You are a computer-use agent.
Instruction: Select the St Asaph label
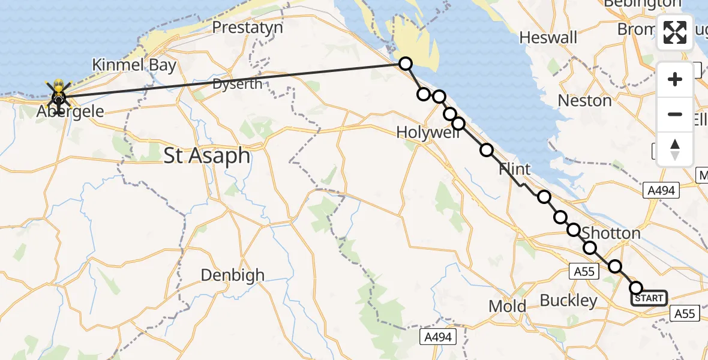[x=207, y=156]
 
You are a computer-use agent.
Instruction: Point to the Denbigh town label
[x=232, y=275]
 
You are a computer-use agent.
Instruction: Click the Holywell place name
[x=427, y=133]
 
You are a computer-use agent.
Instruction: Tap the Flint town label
[x=514, y=170]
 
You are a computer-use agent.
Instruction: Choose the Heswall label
[x=548, y=38]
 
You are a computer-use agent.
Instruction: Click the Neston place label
[x=584, y=100]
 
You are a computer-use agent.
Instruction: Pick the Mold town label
[x=507, y=307]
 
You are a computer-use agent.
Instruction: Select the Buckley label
[x=568, y=301]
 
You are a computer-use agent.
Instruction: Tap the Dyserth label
[x=238, y=84]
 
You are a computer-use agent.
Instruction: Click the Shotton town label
[x=611, y=233]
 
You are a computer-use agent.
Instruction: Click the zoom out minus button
[x=675, y=114]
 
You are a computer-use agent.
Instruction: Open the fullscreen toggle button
[x=675, y=32]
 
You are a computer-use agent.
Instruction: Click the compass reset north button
[x=675, y=149]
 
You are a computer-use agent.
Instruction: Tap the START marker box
[x=649, y=298]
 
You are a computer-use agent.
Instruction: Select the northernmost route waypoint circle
[x=406, y=63]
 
